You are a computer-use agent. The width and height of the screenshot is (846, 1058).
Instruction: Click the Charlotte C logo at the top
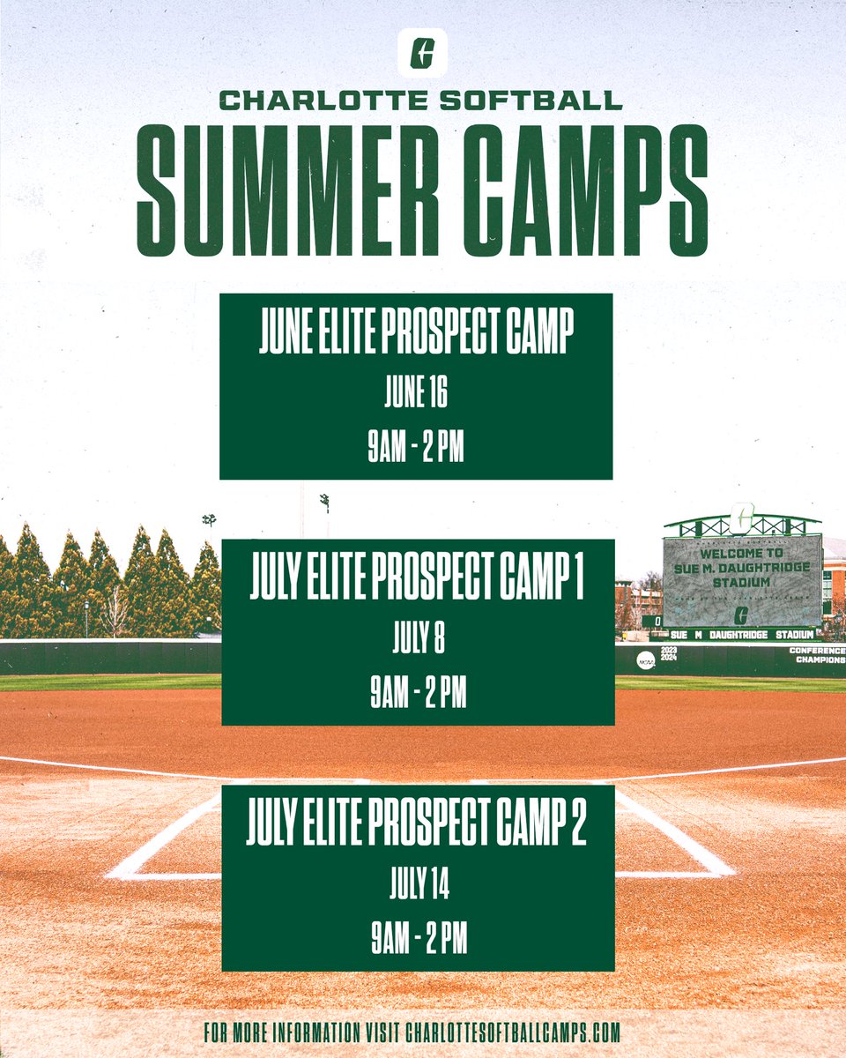pos(422,52)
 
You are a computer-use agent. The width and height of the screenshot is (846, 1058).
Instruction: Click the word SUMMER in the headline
pos(280,190)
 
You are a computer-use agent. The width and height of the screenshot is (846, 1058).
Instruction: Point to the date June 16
pos(416,394)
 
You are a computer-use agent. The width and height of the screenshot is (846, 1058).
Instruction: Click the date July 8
pos(418,640)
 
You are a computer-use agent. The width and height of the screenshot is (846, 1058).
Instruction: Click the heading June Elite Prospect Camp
pos(416,336)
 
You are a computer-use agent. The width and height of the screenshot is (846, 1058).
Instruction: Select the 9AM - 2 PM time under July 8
pos(418,695)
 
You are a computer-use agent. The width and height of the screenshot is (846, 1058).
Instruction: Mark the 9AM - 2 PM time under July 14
pos(418,941)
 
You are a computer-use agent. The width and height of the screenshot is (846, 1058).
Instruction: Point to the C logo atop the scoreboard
pos(742,517)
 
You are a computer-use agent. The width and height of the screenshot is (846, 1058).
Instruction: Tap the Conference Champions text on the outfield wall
pos(818,655)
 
